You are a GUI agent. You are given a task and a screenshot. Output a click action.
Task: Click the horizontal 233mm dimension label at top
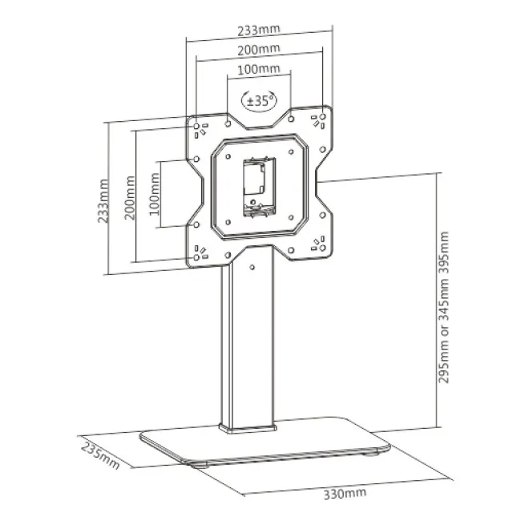pyautogui.click(x=259, y=30)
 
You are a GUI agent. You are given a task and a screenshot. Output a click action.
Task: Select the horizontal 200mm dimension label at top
pyautogui.click(x=259, y=50)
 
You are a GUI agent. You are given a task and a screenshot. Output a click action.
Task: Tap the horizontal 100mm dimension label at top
pyautogui.click(x=258, y=70)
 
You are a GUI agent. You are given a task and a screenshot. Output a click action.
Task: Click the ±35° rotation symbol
pyautogui.click(x=259, y=101)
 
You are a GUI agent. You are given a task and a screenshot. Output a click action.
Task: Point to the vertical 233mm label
pyautogui.click(x=103, y=201)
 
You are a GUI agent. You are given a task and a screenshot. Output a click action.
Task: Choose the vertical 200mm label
pyautogui.click(x=130, y=198)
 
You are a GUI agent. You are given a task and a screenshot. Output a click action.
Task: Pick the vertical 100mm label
pyautogui.click(x=155, y=194)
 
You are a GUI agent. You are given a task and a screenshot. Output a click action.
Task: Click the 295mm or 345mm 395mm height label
pyautogui.click(x=443, y=307)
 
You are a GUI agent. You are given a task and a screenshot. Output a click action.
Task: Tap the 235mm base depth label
pyautogui.click(x=100, y=456)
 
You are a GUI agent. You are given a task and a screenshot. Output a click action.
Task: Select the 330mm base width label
pyautogui.click(x=345, y=493)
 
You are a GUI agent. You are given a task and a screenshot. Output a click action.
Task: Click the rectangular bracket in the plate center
pyautogui.click(x=259, y=187)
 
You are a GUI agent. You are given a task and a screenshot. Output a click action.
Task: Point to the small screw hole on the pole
pyautogui.click(x=252, y=267)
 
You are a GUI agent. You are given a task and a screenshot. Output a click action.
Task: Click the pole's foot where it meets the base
pyautogui.click(x=248, y=428)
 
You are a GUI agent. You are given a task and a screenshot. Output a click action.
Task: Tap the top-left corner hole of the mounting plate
pyautogui.click(x=196, y=126)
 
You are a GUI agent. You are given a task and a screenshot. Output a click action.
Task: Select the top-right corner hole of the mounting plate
pyautogui.click(x=322, y=116)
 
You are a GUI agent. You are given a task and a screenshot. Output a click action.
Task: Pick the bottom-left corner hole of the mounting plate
pyautogui.click(x=196, y=257)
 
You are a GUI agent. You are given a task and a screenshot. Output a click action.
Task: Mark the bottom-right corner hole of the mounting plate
pyautogui.click(x=322, y=248)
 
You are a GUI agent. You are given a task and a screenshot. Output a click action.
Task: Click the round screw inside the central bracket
pyautogui.click(x=252, y=202)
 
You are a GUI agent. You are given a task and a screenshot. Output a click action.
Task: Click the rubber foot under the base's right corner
pyautogui.click(x=372, y=453)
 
